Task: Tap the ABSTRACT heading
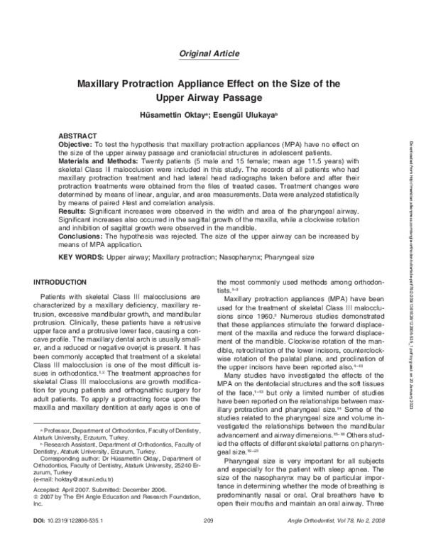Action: click(x=77, y=135)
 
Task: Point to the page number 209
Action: click(x=209, y=542)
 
